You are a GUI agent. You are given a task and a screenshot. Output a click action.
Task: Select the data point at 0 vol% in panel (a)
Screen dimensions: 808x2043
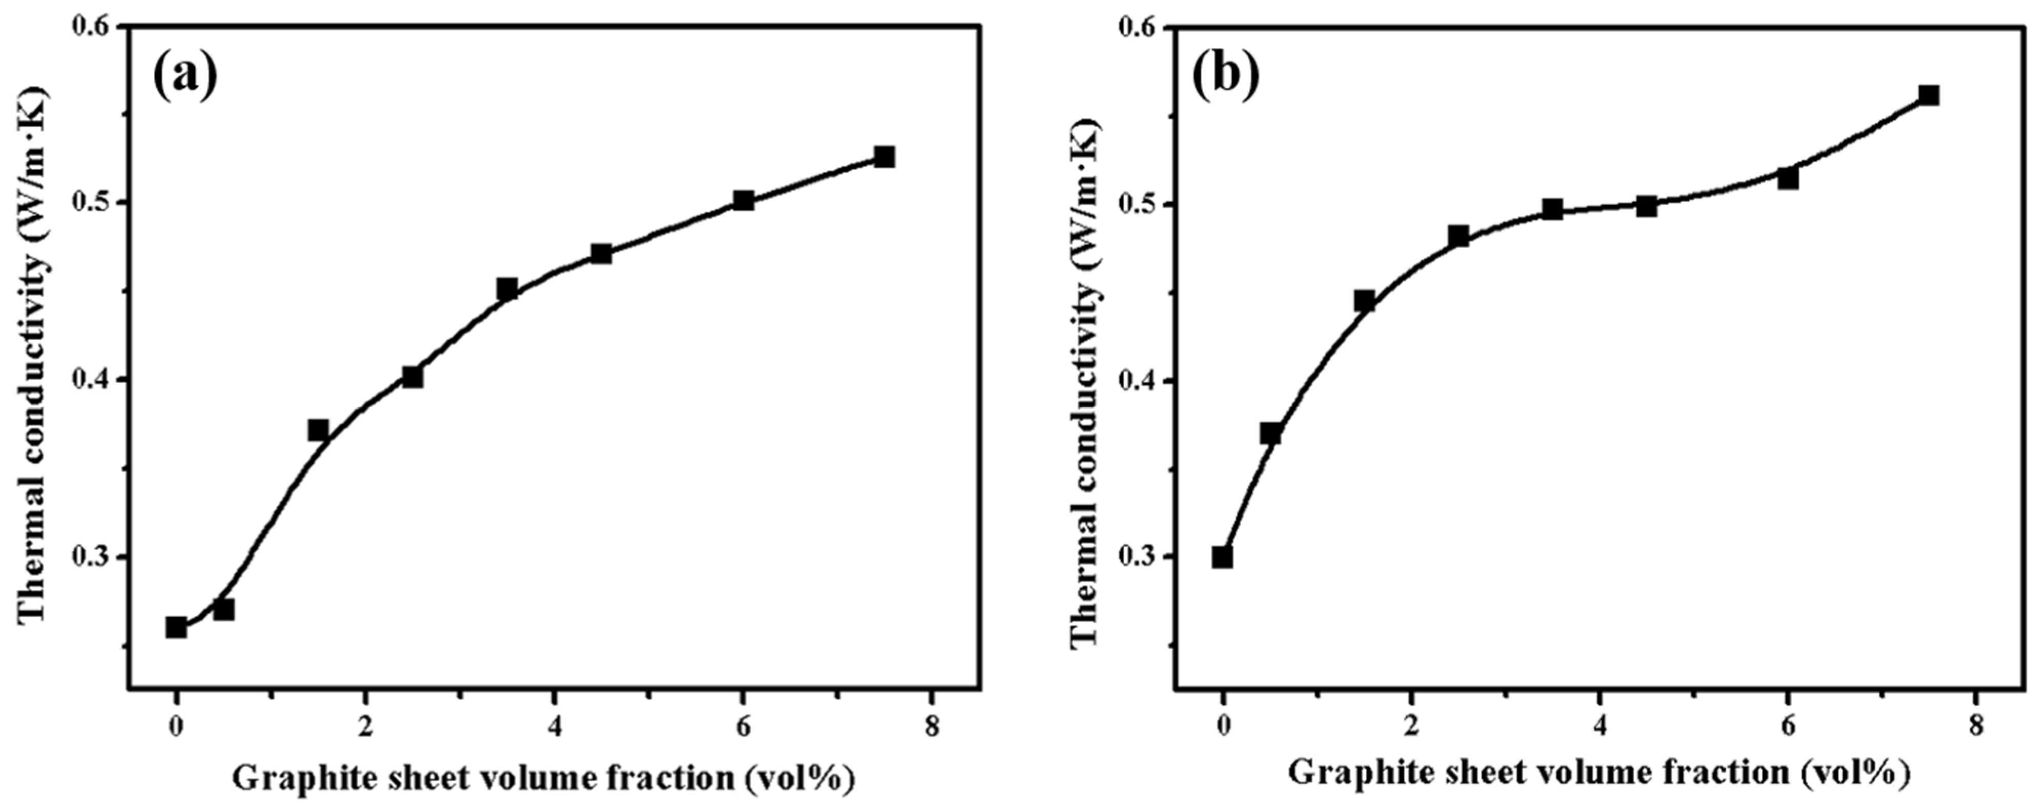[176, 627]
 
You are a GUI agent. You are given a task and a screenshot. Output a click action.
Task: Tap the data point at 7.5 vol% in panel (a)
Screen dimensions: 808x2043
[884, 157]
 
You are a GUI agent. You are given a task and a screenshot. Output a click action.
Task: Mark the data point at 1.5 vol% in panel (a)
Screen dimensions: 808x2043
[318, 430]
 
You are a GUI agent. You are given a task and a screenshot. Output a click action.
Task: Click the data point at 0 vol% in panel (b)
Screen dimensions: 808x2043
[1222, 557]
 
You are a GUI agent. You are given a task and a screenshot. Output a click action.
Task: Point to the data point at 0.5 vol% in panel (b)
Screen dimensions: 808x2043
[1270, 433]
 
